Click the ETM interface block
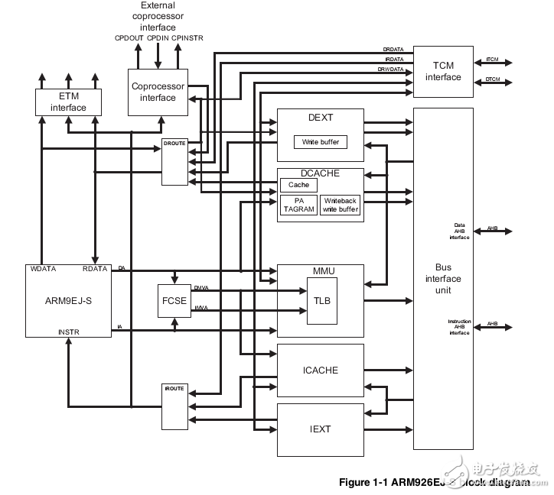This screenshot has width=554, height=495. click(x=68, y=102)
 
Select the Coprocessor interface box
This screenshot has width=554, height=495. click(x=158, y=92)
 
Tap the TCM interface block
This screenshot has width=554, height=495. click(x=443, y=72)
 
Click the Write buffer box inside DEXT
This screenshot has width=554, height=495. click(x=320, y=142)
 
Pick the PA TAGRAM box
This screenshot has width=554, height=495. click(x=298, y=205)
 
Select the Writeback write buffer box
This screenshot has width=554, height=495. click(x=340, y=205)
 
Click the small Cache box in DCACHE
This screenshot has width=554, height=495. click(x=298, y=185)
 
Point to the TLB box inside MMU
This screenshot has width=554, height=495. click(x=321, y=301)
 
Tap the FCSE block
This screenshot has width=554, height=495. click(x=174, y=300)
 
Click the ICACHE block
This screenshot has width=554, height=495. click(x=320, y=370)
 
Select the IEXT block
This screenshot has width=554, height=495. click(x=320, y=429)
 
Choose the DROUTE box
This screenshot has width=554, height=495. click(x=174, y=162)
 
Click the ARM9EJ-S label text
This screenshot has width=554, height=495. click(x=68, y=300)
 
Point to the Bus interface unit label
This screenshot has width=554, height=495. click(x=443, y=279)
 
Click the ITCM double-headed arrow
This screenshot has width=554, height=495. click(x=493, y=63)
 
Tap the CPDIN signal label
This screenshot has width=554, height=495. click(x=158, y=37)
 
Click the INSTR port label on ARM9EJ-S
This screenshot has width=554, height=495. click(x=68, y=332)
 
